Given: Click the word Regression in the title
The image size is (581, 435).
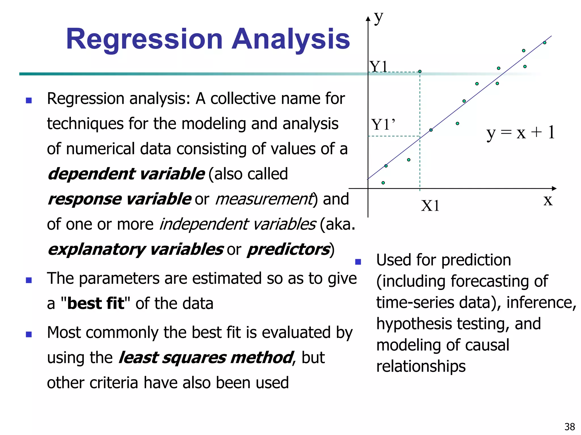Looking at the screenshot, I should click(144, 39).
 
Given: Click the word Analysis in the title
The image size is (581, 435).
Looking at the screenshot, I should click(290, 39).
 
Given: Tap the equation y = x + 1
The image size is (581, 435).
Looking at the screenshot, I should click(520, 133).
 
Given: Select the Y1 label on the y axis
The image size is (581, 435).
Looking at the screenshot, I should click(378, 67).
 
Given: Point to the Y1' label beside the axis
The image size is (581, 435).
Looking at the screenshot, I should click(383, 125).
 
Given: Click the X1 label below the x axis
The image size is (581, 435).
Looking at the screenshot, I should click(430, 206).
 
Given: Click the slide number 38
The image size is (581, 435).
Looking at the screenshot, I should click(569, 427).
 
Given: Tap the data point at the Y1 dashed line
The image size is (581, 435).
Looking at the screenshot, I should click(420, 71).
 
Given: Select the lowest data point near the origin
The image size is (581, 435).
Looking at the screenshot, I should click(383, 183).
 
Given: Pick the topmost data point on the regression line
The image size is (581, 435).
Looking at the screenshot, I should click(544, 43).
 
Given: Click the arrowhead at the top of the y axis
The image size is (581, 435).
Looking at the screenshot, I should click(368, 19).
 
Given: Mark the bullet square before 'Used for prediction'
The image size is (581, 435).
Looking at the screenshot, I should click(358, 262).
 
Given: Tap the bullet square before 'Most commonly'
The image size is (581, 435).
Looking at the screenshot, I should click(29, 334).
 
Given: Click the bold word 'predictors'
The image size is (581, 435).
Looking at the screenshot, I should click(288, 250).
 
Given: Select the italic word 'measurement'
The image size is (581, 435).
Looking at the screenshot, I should click(264, 199).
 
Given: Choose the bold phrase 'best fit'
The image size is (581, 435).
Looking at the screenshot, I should click(96, 304).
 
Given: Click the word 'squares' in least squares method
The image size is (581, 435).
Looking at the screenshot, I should click(194, 358).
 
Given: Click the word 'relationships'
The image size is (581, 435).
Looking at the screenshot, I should click(421, 366).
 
